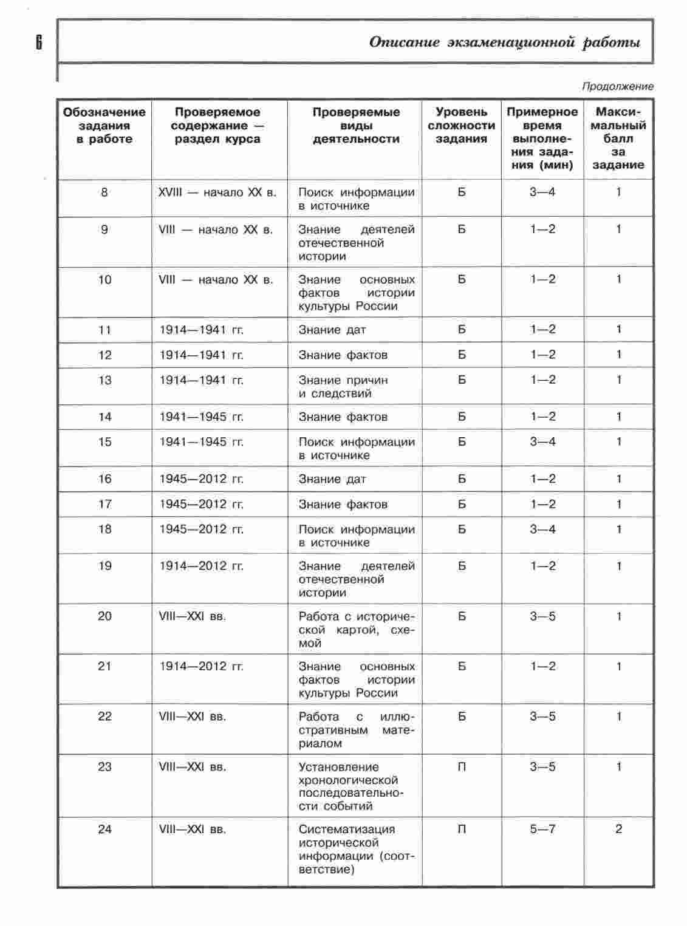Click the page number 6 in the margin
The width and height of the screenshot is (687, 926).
coord(39,42)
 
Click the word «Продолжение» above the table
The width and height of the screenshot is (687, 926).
coord(617,86)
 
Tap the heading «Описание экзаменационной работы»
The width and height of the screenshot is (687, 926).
coord(504,43)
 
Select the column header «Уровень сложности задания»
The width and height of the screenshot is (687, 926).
coord(461,126)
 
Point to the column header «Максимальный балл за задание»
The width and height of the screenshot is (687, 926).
coord(618,138)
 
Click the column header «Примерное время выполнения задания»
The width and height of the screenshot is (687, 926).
coord(542,138)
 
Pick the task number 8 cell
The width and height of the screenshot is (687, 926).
coord(104,192)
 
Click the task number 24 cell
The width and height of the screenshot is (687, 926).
coord(104,829)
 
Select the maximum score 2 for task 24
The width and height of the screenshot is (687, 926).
coord(618,829)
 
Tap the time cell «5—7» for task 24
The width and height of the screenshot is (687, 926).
coord(542,829)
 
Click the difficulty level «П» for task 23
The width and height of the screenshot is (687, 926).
coord(462,767)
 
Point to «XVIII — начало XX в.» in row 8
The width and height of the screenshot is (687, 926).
coord(217,192)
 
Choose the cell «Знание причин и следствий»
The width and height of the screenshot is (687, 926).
coord(343,387)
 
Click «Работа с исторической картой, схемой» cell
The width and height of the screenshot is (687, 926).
coord(356,630)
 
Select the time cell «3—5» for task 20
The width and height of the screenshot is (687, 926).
coord(542,616)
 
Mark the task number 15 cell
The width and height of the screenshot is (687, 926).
coord(104,442)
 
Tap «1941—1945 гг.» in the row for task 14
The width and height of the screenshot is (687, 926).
coord(202,417)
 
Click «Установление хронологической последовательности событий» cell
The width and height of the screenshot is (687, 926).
coord(350,786)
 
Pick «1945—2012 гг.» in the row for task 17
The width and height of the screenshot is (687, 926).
coord(202,505)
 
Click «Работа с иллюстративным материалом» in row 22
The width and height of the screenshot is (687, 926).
coord(356,730)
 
